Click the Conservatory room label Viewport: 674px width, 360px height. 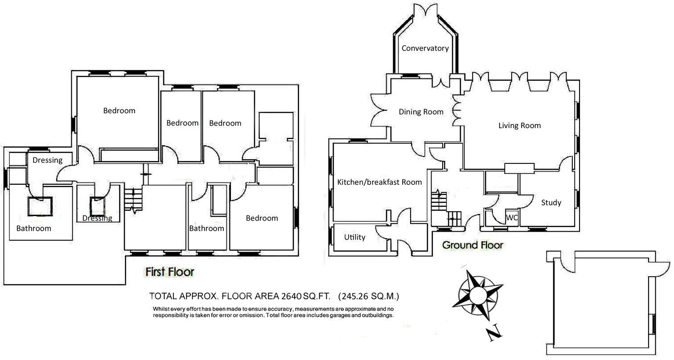point(425,48)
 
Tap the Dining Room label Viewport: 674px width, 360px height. point(421,112)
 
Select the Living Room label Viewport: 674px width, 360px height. point(519,126)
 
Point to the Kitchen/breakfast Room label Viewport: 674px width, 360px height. point(379,182)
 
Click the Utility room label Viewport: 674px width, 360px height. point(355,237)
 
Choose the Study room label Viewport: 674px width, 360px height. point(551,203)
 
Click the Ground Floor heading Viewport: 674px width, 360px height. point(473,245)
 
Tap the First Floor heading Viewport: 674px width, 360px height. point(170,271)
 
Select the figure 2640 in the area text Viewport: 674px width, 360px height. point(291,296)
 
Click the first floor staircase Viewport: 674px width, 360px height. point(133,200)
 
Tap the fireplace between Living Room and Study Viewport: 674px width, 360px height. point(519,168)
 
